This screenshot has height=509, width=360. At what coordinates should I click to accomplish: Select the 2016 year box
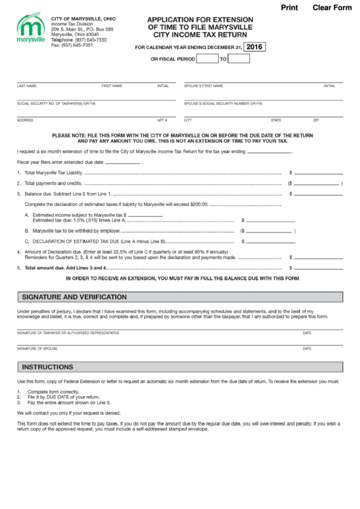pyautogui.click(x=255, y=47)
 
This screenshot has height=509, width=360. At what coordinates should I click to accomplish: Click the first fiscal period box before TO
pyautogui.click(x=206, y=58)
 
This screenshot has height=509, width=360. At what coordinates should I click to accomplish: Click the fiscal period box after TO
pyautogui.click(x=239, y=58)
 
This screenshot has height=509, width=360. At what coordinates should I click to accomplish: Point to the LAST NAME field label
pyautogui.click(x=27, y=86)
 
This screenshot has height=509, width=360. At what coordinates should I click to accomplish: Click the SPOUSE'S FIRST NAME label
pyautogui.click(x=203, y=86)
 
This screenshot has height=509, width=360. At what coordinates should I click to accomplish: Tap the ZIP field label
pyautogui.click(x=315, y=120)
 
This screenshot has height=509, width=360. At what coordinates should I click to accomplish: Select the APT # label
pyautogui.click(x=162, y=120)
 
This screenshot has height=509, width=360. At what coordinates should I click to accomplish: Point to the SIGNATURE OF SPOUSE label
pyautogui.click(x=37, y=348)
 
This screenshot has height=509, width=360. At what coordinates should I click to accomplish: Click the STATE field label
pyautogui.click(x=276, y=120)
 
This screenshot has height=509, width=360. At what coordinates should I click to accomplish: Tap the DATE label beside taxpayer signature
pyautogui.click(x=307, y=332)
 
